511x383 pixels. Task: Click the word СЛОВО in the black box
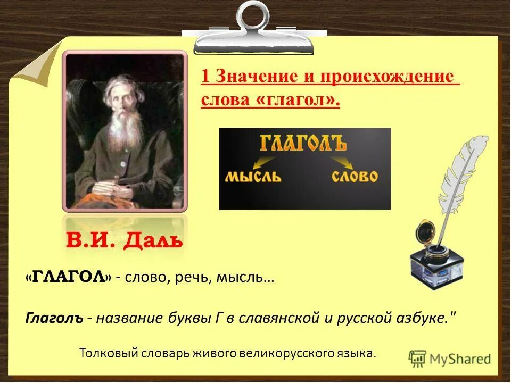(355, 176)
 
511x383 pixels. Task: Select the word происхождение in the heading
(388, 76)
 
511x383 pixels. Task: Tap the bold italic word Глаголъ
(54, 318)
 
